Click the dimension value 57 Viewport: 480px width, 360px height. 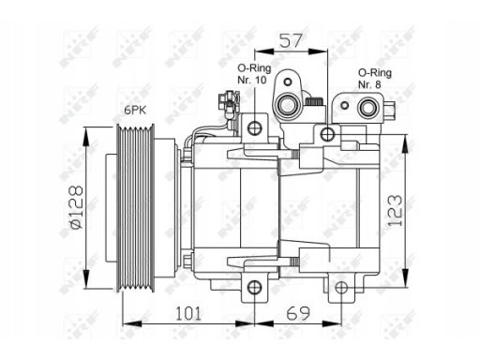[x=292, y=41]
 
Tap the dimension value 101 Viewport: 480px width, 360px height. [x=188, y=313]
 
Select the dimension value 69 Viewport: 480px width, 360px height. [x=298, y=313]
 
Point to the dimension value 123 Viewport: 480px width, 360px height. [x=395, y=210]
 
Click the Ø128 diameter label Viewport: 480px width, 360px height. [x=76, y=207]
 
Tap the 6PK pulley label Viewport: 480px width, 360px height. [x=135, y=110]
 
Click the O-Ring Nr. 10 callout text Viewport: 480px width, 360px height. [x=254, y=74]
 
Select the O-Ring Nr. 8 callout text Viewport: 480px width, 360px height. [x=374, y=79]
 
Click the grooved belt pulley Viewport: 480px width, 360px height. [x=135, y=208]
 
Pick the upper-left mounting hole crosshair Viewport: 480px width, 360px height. [x=254, y=127]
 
